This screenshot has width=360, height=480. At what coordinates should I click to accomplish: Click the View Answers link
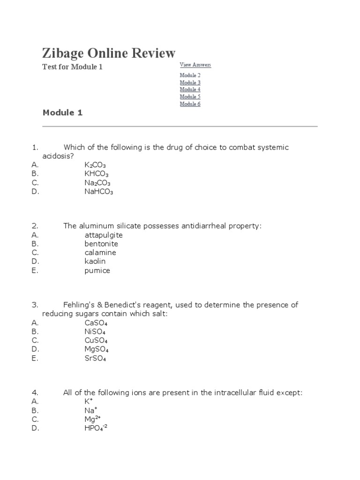pos(195,65)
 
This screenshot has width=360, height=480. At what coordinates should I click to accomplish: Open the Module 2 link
pos(190,75)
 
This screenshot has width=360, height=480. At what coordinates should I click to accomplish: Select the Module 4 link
pos(190,90)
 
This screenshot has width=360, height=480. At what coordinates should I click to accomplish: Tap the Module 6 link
pos(190,104)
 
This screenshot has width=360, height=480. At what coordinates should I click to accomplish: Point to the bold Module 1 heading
pos(62,112)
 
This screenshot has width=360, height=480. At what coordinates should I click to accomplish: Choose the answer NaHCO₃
pos(98,192)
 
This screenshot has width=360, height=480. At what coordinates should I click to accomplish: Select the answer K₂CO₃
pos(95,165)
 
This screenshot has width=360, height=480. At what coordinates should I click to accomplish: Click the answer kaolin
pos(95,261)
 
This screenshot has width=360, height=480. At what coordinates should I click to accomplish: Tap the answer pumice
pos(97,270)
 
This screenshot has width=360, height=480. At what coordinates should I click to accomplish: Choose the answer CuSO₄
pos(97,340)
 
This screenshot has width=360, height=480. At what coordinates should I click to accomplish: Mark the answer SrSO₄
pos(95,359)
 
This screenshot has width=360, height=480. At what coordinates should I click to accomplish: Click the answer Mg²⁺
pos(93,419)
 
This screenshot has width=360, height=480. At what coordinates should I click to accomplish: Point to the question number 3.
pos(35,305)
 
